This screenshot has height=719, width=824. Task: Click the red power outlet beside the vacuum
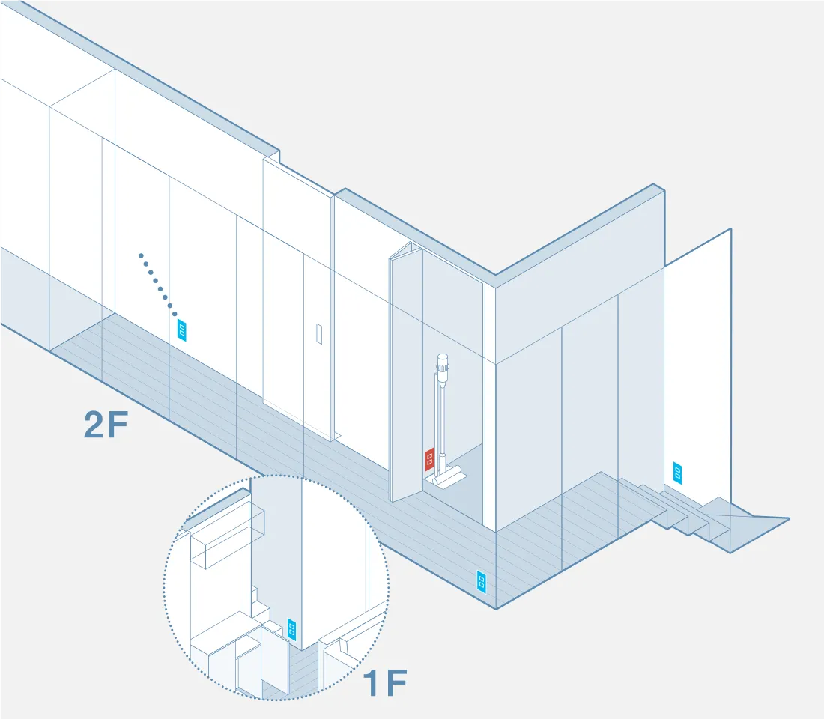(429, 459)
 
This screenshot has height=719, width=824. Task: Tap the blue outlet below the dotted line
(182, 330)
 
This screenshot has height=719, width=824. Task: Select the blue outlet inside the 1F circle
(292, 628)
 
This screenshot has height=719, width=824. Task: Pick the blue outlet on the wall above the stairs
(678, 473)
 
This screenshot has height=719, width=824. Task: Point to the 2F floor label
(106, 425)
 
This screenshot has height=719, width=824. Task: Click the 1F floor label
(385, 683)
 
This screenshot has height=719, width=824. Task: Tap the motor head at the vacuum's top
(443, 364)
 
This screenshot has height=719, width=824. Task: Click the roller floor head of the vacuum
(446, 476)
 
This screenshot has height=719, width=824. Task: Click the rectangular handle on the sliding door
(319, 334)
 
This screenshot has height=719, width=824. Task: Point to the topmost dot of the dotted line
(141, 256)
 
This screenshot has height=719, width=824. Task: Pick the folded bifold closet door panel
(406, 373)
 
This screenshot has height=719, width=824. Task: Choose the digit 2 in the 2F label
(94, 425)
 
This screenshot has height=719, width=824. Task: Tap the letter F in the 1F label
(397, 683)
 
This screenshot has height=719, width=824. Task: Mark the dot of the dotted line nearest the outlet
(175, 314)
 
